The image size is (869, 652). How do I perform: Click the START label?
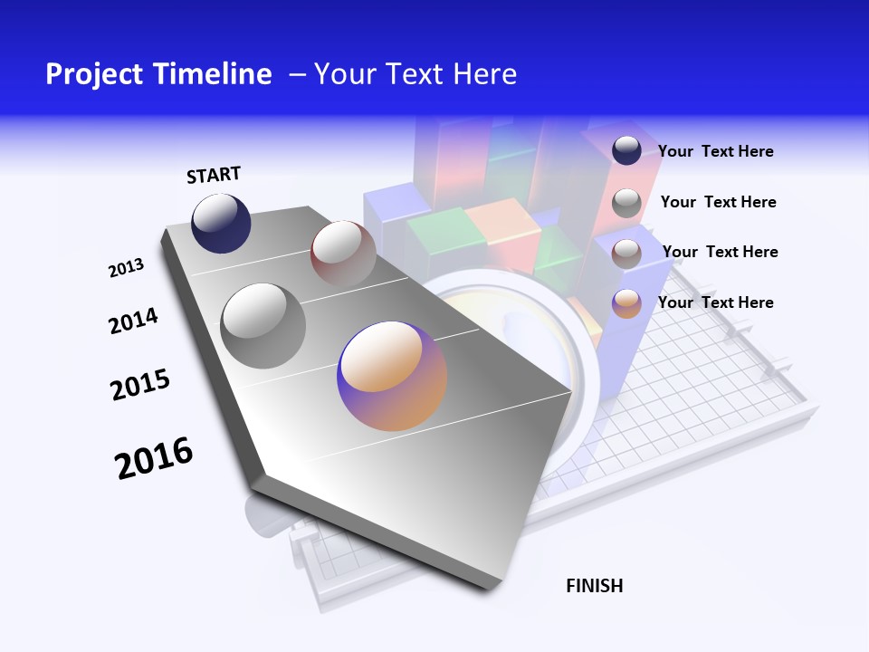point(214,175)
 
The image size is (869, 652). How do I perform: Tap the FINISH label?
point(595,586)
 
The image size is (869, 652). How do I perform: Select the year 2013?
point(127,268)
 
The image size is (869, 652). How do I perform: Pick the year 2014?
point(134,321)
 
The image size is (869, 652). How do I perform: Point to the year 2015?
point(140,384)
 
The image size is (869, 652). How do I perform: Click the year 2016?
point(154,457)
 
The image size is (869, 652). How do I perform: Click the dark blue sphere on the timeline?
point(221,223)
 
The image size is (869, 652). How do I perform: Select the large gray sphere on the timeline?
point(263,325)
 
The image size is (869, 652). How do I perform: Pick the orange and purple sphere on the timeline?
point(392,376)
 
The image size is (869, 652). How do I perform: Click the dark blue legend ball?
point(626,150)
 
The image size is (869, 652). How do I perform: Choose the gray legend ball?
point(626,203)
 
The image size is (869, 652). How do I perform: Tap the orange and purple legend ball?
point(626,303)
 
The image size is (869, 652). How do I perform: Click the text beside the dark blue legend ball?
point(715,152)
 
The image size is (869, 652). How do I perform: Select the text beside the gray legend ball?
point(718,202)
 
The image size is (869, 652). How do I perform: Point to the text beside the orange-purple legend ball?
point(715,302)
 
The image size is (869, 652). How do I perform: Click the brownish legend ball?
point(626,254)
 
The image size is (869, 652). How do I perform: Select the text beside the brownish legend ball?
point(720,252)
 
